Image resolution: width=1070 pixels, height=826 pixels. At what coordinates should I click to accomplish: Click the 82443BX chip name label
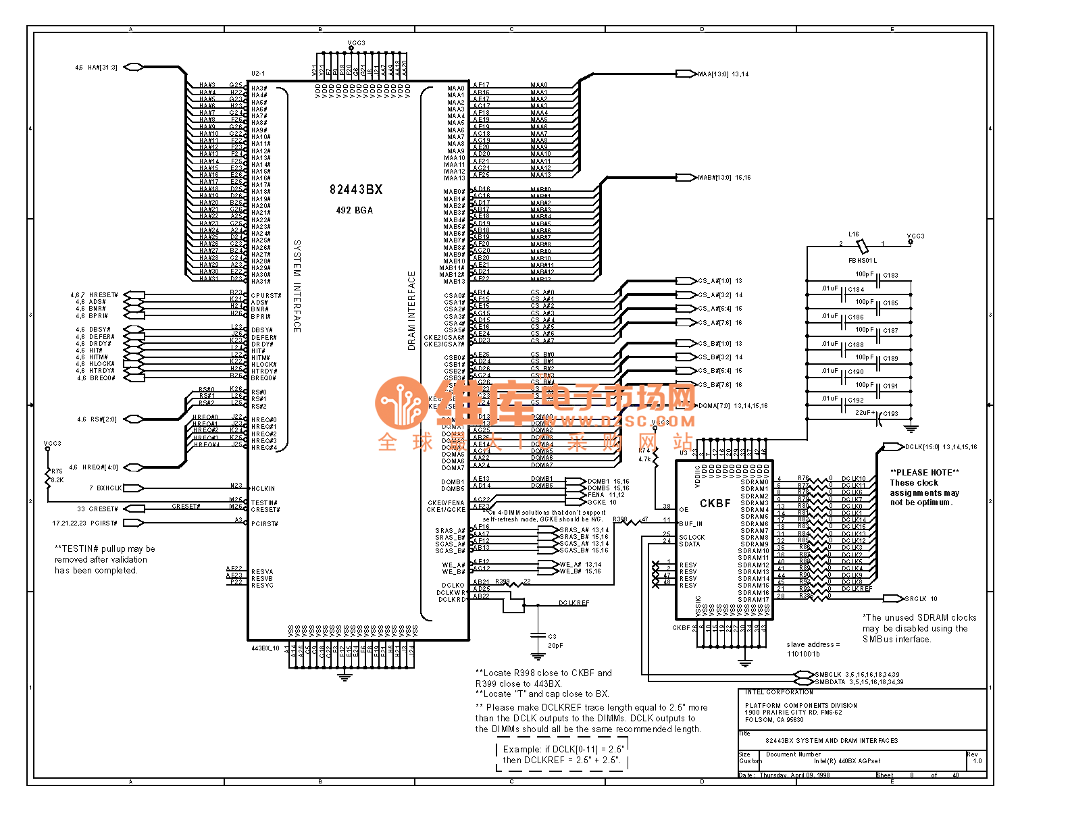(x=356, y=190)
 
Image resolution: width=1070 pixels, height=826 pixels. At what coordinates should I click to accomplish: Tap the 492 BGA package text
(x=355, y=211)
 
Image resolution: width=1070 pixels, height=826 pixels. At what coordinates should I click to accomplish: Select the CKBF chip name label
(x=715, y=503)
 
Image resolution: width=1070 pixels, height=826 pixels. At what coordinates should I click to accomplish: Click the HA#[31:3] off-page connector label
(x=102, y=68)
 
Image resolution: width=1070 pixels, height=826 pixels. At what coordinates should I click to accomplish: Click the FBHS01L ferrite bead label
(x=863, y=260)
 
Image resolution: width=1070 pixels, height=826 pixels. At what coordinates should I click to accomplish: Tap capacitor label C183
(x=890, y=276)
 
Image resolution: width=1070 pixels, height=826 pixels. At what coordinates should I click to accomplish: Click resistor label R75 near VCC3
(x=57, y=471)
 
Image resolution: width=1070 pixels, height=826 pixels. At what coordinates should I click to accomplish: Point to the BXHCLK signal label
(x=109, y=488)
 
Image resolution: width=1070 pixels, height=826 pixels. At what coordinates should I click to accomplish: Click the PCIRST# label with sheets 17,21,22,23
(x=104, y=523)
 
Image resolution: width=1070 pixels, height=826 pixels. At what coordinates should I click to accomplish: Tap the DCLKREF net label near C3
(x=574, y=603)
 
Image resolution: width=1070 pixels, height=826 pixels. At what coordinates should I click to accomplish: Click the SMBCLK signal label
(x=828, y=674)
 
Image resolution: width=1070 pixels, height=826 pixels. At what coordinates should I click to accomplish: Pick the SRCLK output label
(x=915, y=598)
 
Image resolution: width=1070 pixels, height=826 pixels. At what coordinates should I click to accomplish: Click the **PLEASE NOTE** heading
(x=924, y=472)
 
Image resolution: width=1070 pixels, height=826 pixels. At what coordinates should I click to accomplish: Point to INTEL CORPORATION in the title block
(x=779, y=692)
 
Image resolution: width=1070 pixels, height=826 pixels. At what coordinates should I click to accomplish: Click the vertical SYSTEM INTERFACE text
(x=297, y=286)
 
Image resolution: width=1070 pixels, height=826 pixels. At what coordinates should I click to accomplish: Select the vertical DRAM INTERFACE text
(x=411, y=311)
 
